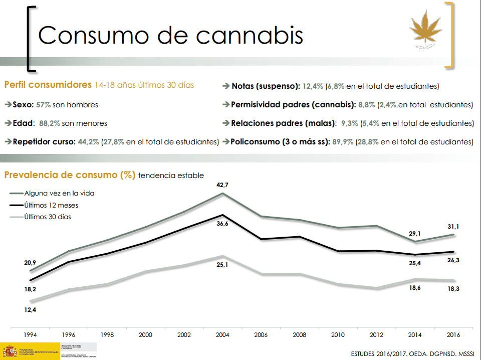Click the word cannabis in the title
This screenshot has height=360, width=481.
click(250, 35)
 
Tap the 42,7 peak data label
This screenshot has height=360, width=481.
click(222, 186)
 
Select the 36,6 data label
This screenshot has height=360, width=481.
click(222, 224)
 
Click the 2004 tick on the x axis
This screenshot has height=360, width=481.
click(222, 334)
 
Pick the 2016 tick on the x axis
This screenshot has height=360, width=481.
click(453, 334)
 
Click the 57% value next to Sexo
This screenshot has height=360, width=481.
click(44, 105)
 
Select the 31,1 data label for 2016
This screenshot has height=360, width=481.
click(453, 227)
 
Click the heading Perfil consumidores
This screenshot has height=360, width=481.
click(48, 85)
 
